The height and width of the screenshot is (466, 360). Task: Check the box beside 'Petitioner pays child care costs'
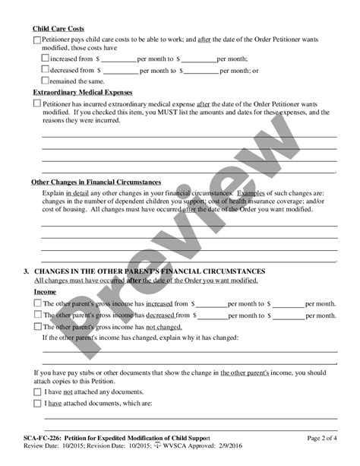(x=37, y=41)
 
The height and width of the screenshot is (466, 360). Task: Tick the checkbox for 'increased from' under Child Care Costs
(x=45, y=58)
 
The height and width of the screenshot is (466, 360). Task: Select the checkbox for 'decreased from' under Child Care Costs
(x=45, y=69)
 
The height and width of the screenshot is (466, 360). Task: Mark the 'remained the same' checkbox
(x=45, y=80)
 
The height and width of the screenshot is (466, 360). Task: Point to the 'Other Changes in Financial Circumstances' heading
(x=95, y=182)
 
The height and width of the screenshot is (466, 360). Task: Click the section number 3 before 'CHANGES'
(x=27, y=271)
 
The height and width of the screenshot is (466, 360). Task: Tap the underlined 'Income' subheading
(x=45, y=291)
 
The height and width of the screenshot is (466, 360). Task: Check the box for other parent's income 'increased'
(x=38, y=303)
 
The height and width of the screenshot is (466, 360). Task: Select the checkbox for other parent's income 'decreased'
(x=38, y=315)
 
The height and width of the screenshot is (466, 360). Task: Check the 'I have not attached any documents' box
(x=38, y=391)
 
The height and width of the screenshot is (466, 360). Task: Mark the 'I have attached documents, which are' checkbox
(x=38, y=404)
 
